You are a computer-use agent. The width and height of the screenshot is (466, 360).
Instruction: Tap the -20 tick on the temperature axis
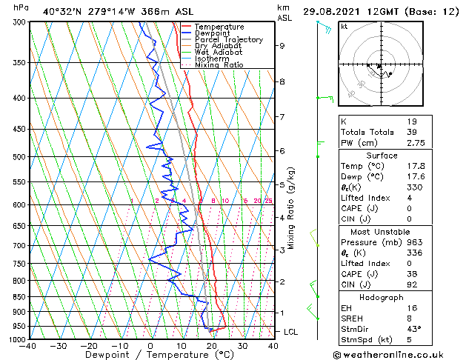point(89,345)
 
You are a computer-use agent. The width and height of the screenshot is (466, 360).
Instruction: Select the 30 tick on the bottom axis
point(242,345)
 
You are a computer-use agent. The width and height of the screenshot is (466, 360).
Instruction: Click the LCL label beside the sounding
point(291,332)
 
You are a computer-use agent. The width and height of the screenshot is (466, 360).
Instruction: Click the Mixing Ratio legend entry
point(219,65)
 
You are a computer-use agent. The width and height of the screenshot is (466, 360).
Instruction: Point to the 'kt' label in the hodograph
point(344,27)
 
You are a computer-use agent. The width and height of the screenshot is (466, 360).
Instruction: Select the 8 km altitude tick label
point(282,81)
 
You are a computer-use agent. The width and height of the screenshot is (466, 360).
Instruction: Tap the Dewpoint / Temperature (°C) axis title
point(150,355)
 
